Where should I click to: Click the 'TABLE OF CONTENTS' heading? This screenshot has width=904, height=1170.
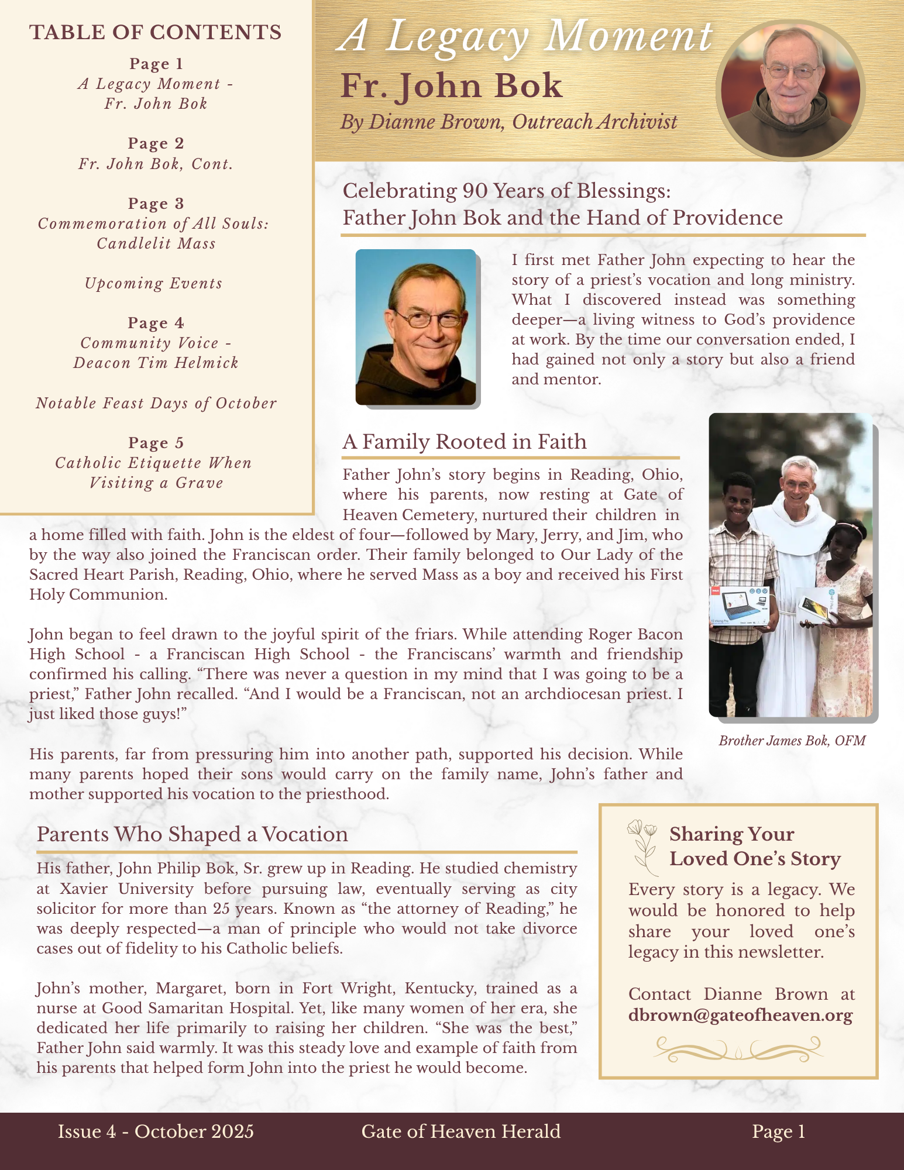tap(156, 32)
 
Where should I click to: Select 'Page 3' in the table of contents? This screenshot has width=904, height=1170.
tap(156, 204)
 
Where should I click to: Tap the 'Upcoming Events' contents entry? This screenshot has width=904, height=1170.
tap(154, 284)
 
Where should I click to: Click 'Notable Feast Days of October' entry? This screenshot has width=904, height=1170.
tap(156, 404)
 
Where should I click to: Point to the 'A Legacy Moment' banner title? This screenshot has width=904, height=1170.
tap(525, 36)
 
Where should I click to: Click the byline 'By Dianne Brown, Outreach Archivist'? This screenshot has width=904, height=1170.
tap(508, 122)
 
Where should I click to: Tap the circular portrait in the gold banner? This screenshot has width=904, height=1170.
tap(790, 91)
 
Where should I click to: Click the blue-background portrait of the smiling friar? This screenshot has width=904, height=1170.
tap(416, 327)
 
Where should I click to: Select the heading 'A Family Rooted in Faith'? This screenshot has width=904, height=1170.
tap(465, 442)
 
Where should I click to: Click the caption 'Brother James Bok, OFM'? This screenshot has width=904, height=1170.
tap(792, 741)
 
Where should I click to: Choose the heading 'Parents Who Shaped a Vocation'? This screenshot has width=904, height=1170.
tap(193, 834)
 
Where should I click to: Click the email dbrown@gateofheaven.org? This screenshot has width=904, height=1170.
tap(740, 1015)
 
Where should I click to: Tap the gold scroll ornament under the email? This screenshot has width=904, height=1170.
tap(738, 1048)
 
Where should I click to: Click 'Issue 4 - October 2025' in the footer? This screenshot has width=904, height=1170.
tap(156, 1131)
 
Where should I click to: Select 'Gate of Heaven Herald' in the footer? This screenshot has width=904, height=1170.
tap(461, 1131)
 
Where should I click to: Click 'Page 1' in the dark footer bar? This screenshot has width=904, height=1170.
tap(779, 1131)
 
